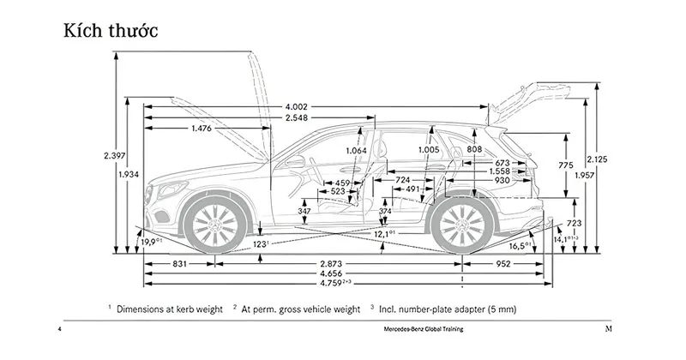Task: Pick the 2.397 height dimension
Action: point(113,155)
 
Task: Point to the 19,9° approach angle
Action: point(153,243)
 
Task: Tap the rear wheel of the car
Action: point(464,225)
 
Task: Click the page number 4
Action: point(59,330)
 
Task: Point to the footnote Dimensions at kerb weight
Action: point(170,308)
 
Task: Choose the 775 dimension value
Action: point(565,164)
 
